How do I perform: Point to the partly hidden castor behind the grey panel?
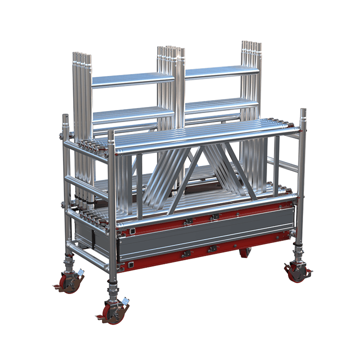tap(245, 252)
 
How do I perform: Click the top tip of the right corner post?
tap(303, 111)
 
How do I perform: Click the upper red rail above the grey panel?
tap(200, 220)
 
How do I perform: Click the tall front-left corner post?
tap(112, 200)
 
